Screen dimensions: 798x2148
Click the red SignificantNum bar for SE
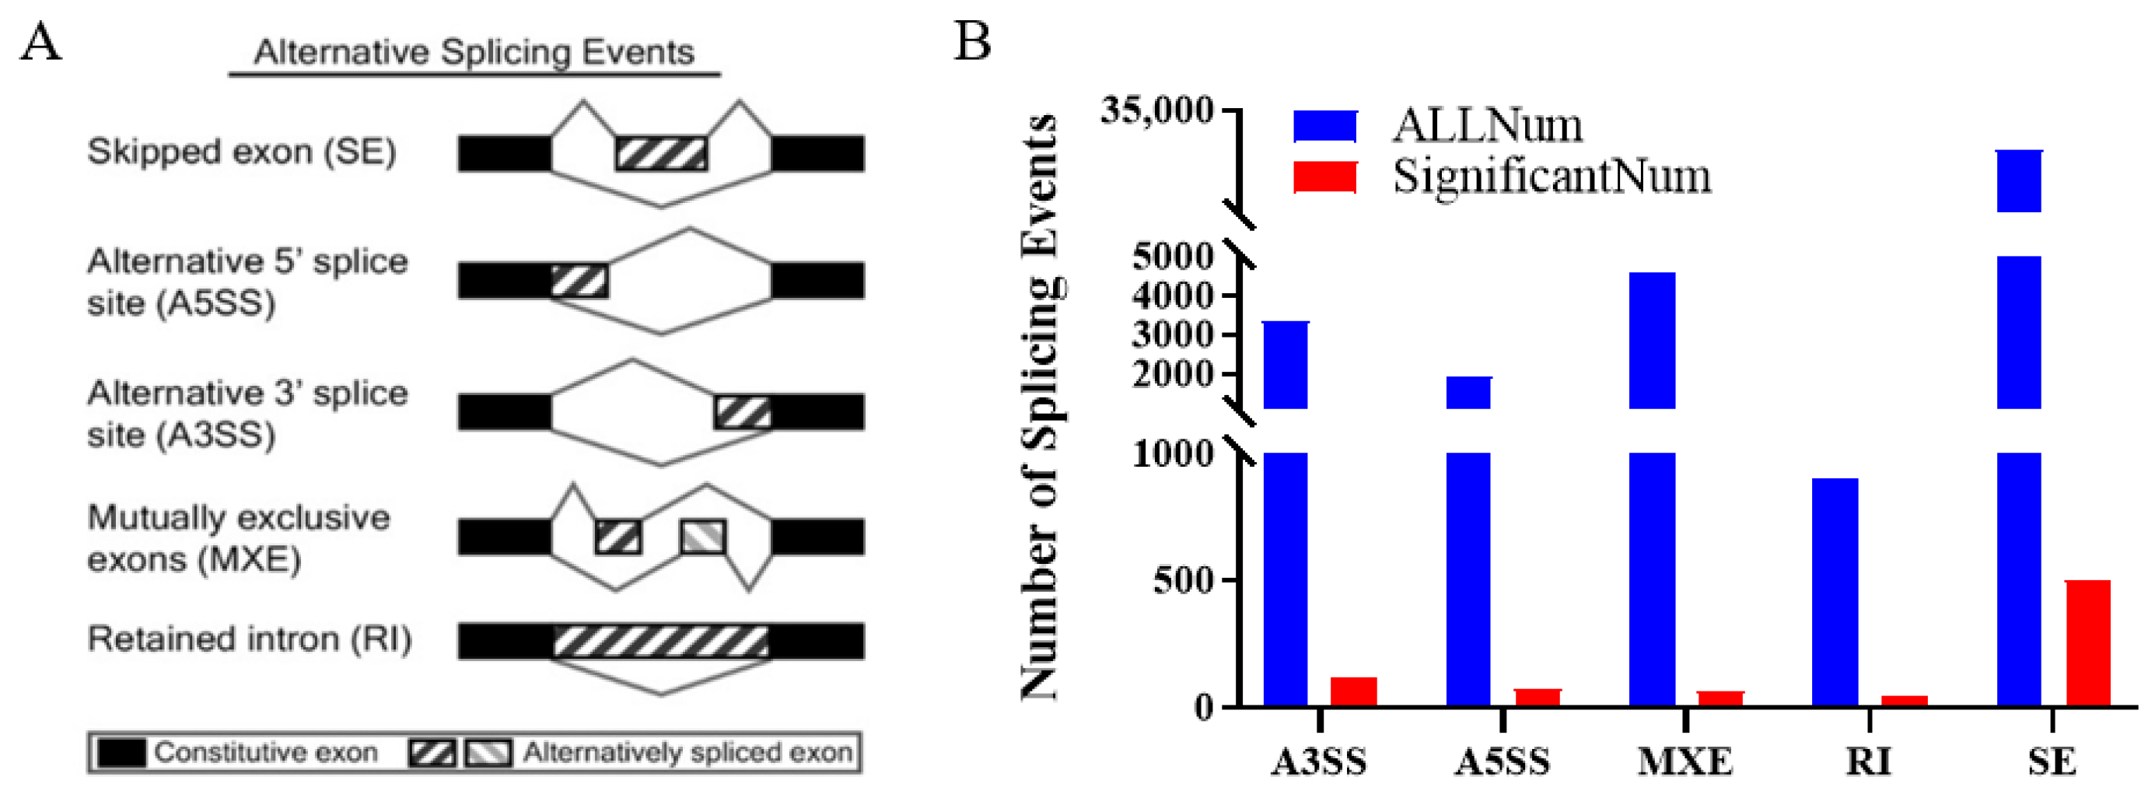[x=2087, y=643]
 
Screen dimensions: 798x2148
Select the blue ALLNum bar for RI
[x=1835, y=592]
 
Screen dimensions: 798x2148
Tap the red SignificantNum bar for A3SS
[x=1352, y=691]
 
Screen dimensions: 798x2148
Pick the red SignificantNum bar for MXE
[x=1720, y=698]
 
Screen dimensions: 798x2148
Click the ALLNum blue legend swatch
[x=1324, y=127]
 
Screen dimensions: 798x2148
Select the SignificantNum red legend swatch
[x=1324, y=177]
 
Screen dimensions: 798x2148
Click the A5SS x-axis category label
[x=1502, y=761]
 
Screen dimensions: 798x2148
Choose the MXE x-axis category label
[x=1685, y=761]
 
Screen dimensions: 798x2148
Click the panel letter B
[x=972, y=42]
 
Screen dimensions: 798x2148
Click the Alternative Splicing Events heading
[x=474, y=53]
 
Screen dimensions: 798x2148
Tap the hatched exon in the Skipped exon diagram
[x=661, y=154]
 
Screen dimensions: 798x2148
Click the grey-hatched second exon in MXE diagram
[x=702, y=537]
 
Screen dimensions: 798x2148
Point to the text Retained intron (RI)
[x=250, y=639]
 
